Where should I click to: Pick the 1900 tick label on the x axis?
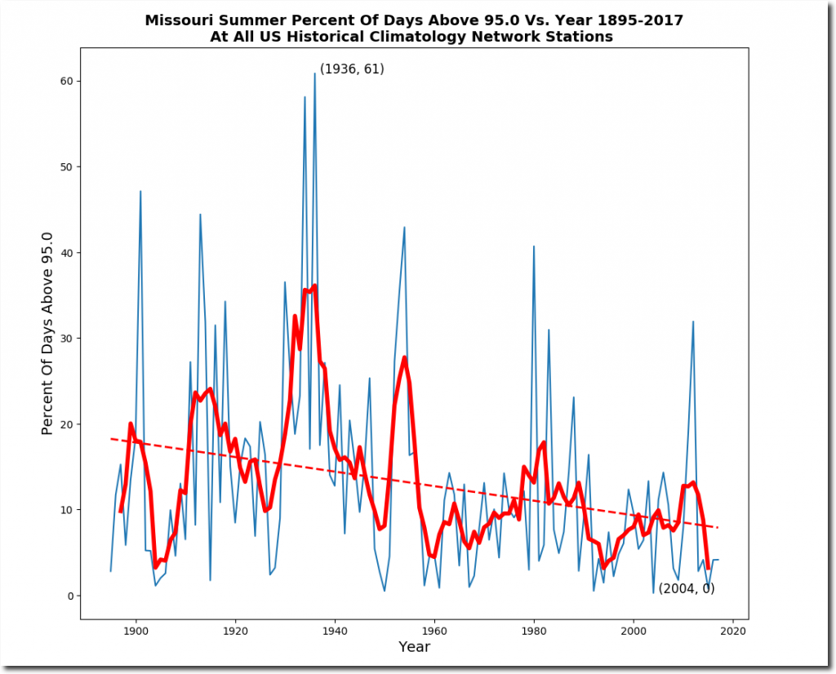pyautogui.click(x=136, y=631)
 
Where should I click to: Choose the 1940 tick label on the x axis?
pyautogui.click(x=335, y=631)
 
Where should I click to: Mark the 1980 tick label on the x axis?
pyautogui.click(x=534, y=631)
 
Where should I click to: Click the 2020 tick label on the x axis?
pyautogui.click(x=733, y=631)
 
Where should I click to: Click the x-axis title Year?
pyautogui.click(x=414, y=647)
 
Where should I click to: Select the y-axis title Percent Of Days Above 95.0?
pyautogui.click(x=47, y=333)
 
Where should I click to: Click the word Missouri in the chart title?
pyautogui.click(x=177, y=20)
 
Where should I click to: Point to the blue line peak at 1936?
pyautogui.click(x=314, y=73)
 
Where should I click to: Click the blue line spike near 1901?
pyautogui.click(x=140, y=192)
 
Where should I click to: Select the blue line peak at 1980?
pyautogui.click(x=534, y=246)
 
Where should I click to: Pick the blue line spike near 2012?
pyautogui.click(x=693, y=321)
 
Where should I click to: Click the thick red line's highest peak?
pyautogui.click(x=314, y=286)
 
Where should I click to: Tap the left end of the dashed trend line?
pyautogui.click(x=112, y=439)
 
